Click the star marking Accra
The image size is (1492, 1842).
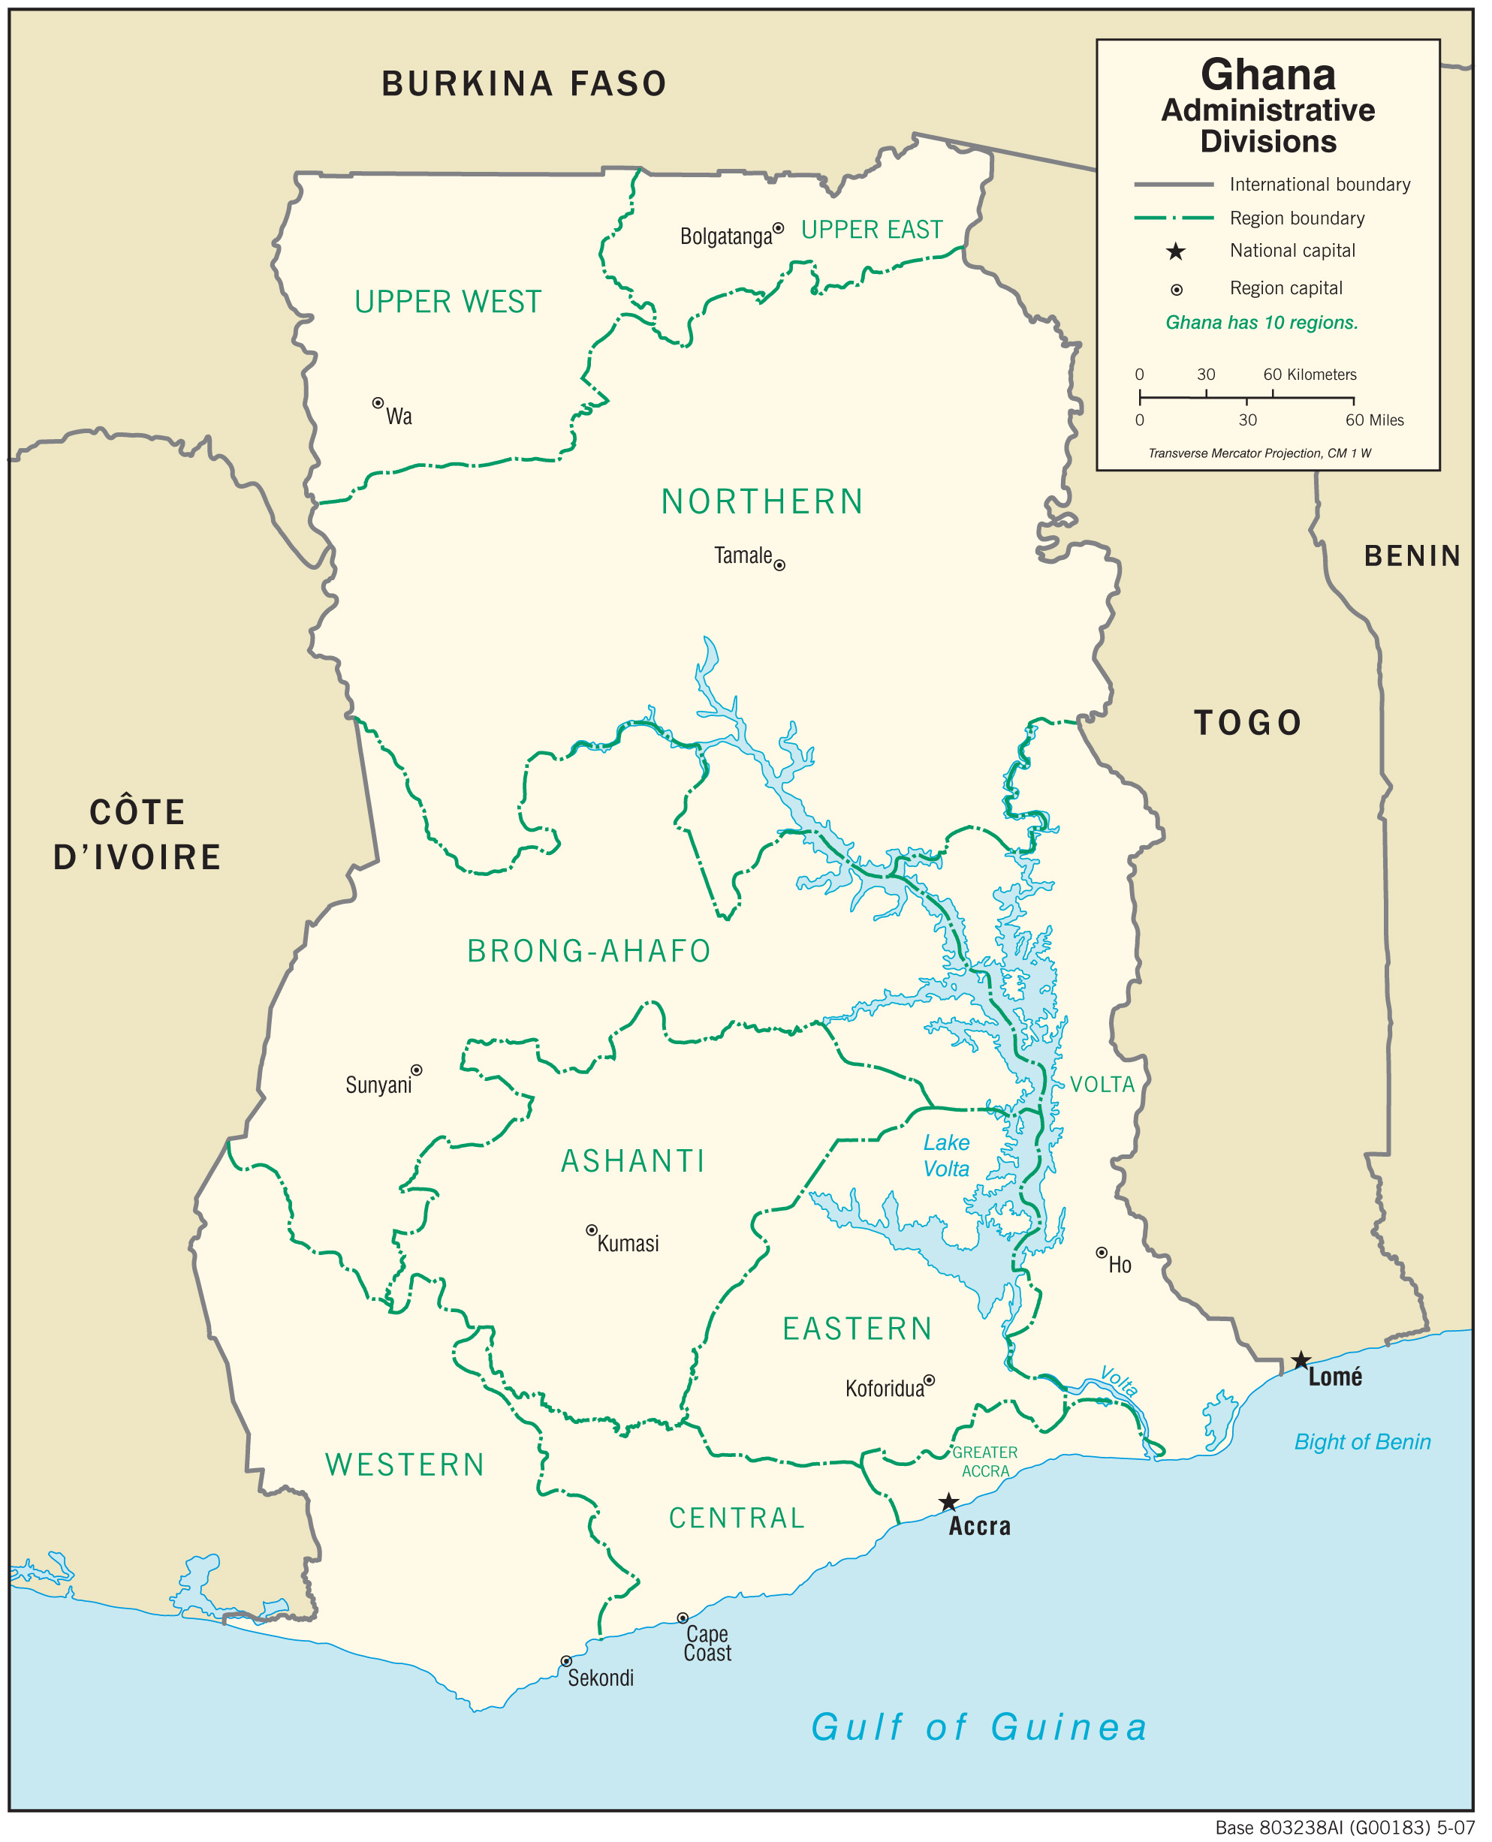[948, 1502]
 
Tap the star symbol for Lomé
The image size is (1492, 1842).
[1301, 1360]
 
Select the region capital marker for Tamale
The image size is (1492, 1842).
[779, 564]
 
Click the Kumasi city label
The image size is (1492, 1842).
[628, 1243]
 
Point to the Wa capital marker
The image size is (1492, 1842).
[377, 403]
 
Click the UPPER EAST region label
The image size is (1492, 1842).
[872, 230]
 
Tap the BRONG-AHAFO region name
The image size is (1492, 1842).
[589, 951]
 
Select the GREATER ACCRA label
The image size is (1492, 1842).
[985, 1461]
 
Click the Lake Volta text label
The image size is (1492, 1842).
[946, 1155]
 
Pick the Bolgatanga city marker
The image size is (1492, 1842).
[778, 228]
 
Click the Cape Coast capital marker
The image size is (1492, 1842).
[683, 1618]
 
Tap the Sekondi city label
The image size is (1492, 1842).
[601, 1678]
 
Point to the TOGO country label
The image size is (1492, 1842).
[1248, 723]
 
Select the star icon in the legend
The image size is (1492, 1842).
[1175, 251]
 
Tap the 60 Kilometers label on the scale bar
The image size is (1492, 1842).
[1309, 375]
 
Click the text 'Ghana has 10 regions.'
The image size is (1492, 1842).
[1261, 323]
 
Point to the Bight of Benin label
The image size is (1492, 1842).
[1362, 1442]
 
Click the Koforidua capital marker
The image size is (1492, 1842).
[929, 1380]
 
